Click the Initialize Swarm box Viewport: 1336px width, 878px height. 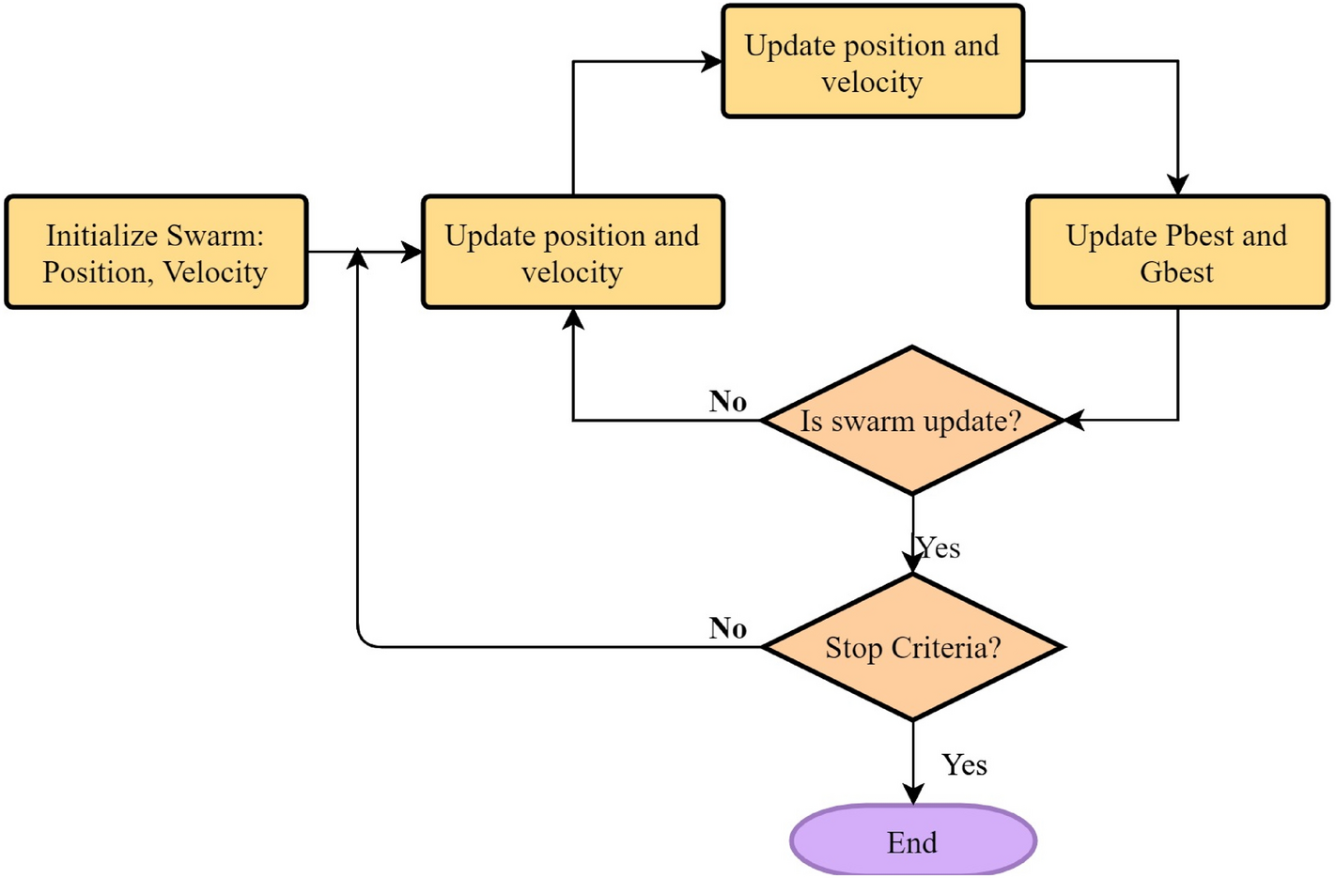[156, 253]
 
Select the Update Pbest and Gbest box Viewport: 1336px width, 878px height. [1176, 253]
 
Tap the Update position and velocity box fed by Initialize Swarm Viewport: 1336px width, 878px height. [572, 253]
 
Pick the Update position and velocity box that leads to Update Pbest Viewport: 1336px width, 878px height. [872, 62]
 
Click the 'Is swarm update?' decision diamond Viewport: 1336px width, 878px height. [911, 421]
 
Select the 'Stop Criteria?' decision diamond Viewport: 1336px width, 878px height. [911, 648]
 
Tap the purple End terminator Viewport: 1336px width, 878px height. [912, 841]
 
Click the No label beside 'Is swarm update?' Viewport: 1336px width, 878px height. [728, 402]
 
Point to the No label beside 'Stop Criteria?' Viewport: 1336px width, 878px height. [728, 628]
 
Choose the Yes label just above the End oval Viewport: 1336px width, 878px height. [964, 765]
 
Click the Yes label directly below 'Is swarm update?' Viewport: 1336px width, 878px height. [939, 548]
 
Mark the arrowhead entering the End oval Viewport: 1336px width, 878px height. [913, 794]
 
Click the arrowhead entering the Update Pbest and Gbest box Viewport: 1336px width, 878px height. [1177, 185]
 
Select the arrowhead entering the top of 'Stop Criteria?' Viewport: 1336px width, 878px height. [913, 562]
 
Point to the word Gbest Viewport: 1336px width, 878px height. [1176, 272]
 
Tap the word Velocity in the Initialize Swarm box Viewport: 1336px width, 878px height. [215, 272]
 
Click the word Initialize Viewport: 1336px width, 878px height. [101, 236]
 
